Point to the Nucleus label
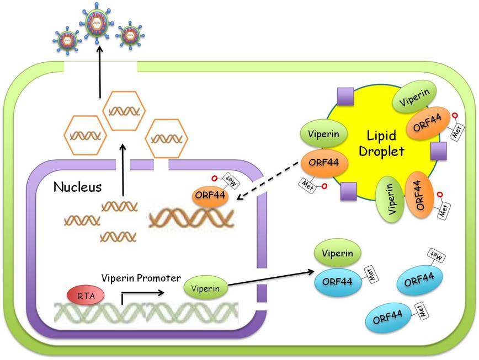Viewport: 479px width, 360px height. click(x=77, y=187)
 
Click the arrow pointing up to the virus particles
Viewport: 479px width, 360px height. click(x=100, y=72)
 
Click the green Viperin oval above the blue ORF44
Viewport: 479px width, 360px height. click(x=338, y=254)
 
